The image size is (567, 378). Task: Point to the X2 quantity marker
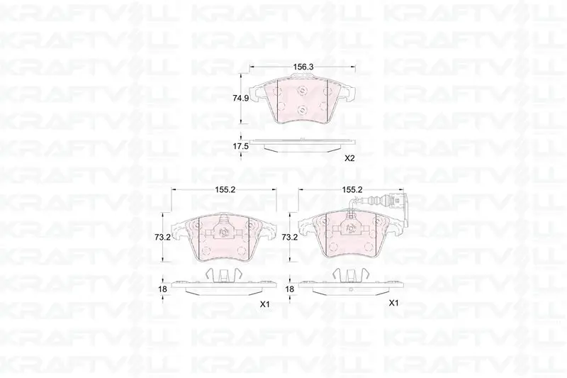coord(349,158)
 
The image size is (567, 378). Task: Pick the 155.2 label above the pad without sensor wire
coord(225,189)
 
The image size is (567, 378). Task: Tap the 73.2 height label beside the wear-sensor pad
coord(289,238)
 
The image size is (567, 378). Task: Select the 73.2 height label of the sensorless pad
coord(162,238)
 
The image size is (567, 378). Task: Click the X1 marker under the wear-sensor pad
coord(393,303)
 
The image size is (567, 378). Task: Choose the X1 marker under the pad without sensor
coord(265,304)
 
